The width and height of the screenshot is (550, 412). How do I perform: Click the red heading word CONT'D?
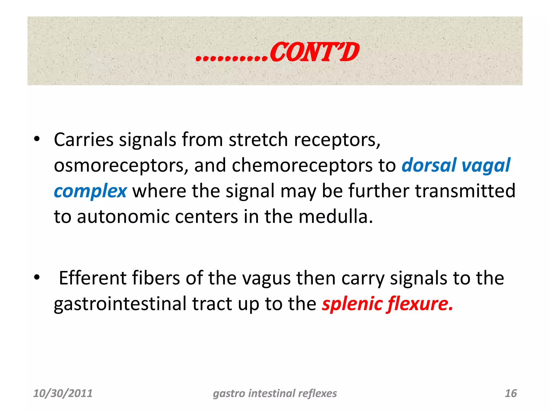(x=314, y=53)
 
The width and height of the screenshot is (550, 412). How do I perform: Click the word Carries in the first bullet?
(x=84, y=140)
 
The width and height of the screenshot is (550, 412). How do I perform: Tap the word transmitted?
(x=465, y=191)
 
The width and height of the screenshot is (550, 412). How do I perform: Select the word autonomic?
(x=123, y=217)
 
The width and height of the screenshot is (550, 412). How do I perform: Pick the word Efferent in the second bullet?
(x=92, y=278)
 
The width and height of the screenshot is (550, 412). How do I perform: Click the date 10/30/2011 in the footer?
(x=63, y=393)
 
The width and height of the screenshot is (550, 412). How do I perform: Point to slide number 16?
(x=511, y=393)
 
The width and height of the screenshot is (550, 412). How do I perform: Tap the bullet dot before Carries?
(x=37, y=139)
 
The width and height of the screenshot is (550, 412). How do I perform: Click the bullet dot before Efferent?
(x=37, y=278)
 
